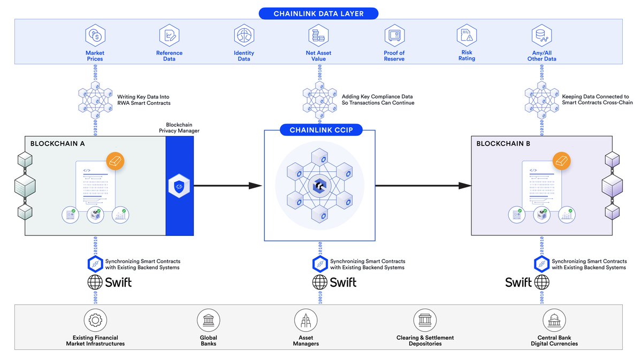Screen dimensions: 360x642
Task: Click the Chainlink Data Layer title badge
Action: point(319,13)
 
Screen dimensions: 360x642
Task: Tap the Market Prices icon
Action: point(95,36)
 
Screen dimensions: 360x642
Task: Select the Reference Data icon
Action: point(169,36)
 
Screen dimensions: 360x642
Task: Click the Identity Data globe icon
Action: point(244,36)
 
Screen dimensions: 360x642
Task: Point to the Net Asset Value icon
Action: point(318,36)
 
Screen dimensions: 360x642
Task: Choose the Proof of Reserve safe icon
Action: point(394,36)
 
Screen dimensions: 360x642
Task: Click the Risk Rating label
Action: point(467,56)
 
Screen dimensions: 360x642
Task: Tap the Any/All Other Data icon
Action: point(541,36)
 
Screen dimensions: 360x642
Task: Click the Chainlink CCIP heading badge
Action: point(319,130)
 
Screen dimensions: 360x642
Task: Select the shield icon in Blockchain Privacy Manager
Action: point(179,186)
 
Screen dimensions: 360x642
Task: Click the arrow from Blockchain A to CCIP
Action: point(227,186)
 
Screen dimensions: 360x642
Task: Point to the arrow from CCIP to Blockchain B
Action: point(423,186)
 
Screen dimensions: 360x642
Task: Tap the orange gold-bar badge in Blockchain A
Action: point(116,160)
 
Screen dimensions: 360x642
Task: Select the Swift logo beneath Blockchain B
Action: point(528,282)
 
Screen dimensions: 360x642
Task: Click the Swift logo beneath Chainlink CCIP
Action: point(334,282)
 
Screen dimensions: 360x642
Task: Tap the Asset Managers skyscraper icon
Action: point(305,320)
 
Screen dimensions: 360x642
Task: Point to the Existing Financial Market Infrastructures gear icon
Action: point(96,320)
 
